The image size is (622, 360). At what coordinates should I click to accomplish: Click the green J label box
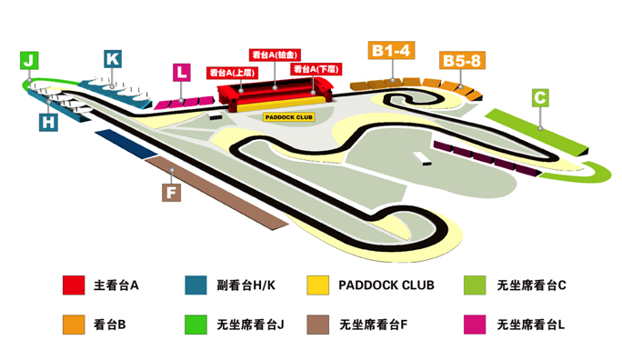(x=30, y=61)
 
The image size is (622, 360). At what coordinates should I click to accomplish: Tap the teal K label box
(x=113, y=59)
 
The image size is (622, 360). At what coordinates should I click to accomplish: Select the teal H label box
(x=48, y=120)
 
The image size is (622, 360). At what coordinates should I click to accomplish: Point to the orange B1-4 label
(x=392, y=51)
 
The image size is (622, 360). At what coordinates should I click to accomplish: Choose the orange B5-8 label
(x=462, y=61)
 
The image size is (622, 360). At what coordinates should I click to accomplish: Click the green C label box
(x=540, y=97)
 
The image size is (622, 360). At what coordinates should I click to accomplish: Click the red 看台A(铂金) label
(x=275, y=55)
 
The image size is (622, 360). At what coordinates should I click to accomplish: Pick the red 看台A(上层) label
(x=233, y=72)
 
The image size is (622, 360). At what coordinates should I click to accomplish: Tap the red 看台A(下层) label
(x=316, y=69)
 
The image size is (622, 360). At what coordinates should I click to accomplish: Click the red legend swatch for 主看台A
(x=74, y=285)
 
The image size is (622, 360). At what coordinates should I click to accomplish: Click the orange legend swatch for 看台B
(x=74, y=324)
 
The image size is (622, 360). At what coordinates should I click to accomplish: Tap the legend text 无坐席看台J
(x=251, y=324)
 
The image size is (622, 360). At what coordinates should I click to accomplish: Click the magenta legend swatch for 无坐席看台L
(x=474, y=324)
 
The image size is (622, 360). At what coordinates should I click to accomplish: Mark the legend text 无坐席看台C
(x=532, y=285)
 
